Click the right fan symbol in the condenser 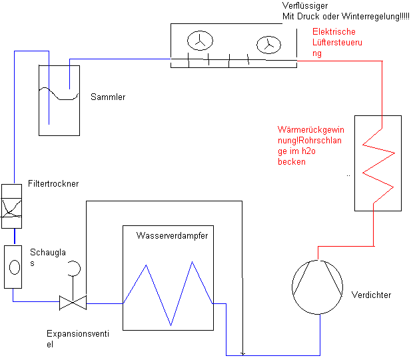click(x=268, y=44)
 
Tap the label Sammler click(x=108, y=97)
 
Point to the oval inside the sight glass click(x=13, y=267)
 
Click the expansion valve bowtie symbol click(x=73, y=303)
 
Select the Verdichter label click(x=370, y=295)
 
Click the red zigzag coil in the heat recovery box click(x=378, y=163)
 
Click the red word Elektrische click(x=334, y=32)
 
